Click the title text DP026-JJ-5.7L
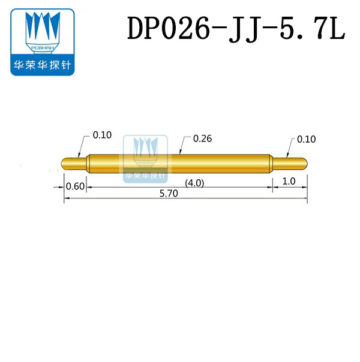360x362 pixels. tap(236, 29)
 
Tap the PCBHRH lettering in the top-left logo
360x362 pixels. tap(41, 46)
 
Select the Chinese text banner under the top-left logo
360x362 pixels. tap(41, 65)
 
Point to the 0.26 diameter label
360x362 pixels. tap(203, 138)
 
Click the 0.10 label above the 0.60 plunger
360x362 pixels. tap(102, 135)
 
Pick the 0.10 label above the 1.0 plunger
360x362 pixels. tap(306, 139)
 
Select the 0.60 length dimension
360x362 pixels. tap(75, 186)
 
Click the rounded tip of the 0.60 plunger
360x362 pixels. tap(65, 163)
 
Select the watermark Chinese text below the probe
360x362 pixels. tap(145, 177)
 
